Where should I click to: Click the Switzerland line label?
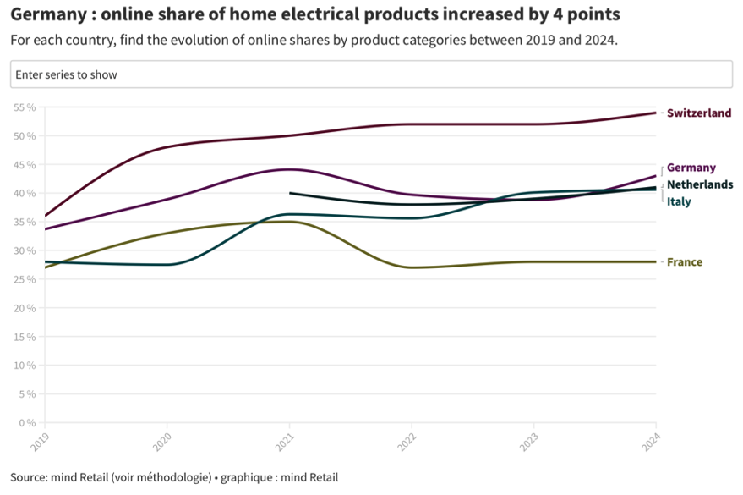(698, 113)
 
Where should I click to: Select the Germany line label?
(691, 168)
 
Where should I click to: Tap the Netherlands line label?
(700, 184)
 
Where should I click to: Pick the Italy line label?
(679, 201)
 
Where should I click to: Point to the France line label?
(684, 262)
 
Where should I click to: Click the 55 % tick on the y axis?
(24, 107)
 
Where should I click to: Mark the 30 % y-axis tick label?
(24, 251)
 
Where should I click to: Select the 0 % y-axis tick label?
(26, 423)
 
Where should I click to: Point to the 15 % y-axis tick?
(24, 337)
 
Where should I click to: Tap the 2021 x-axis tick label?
(284, 440)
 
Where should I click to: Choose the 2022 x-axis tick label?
(407, 440)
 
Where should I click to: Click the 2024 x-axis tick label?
(650, 440)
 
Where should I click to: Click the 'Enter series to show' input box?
(371, 74)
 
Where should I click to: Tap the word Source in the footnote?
(30, 477)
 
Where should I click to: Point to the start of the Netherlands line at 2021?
(290, 193)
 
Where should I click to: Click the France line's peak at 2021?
(290, 222)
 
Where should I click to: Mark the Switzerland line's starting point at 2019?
(46, 216)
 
